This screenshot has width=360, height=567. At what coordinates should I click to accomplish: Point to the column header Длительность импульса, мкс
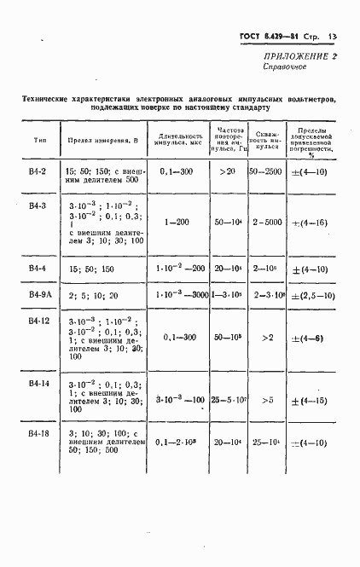(x=178, y=139)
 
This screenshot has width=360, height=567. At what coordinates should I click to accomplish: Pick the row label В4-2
(x=38, y=171)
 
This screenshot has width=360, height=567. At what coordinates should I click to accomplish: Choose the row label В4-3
(x=38, y=207)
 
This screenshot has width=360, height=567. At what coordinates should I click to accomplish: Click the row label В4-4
(x=38, y=269)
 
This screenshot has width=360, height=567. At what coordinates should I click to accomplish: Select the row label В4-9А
(x=39, y=295)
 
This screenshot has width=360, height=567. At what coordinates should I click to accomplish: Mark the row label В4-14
(x=39, y=383)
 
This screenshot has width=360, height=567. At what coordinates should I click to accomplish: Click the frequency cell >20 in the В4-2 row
(x=226, y=171)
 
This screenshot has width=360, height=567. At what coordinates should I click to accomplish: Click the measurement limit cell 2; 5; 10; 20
(x=91, y=295)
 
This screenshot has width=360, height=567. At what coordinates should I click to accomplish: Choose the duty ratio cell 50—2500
(x=268, y=171)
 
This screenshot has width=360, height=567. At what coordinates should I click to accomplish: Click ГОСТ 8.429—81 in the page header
(x=275, y=37)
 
